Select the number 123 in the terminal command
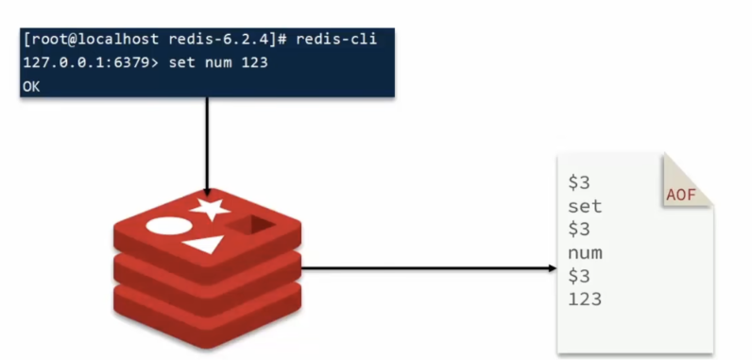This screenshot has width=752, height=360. pyautogui.click(x=253, y=64)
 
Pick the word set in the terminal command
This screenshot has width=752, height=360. pyautogui.click(x=185, y=64)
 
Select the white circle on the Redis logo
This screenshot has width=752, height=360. pyautogui.click(x=162, y=227)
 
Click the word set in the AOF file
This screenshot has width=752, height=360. pyautogui.click(x=585, y=206)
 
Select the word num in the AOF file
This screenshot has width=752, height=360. pyautogui.click(x=585, y=252)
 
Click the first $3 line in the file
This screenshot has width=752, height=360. pyautogui.click(x=579, y=182)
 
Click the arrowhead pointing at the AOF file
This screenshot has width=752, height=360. pyautogui.click(x=551, y=268)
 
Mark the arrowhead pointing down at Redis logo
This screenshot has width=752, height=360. pyautogui.click(x=206, y=189)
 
